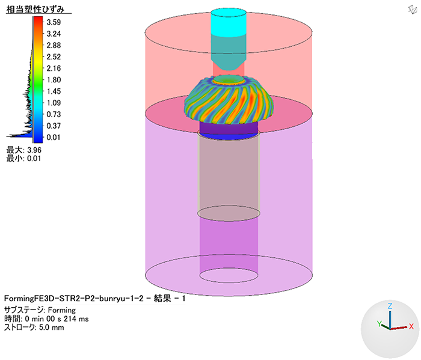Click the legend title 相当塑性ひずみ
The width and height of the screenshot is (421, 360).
(x=35, y=10)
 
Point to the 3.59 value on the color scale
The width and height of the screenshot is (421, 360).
(x=54, y=22)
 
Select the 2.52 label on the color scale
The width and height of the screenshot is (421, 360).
(x=54, y=57)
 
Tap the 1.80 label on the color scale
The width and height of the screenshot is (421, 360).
(x=54, y=80)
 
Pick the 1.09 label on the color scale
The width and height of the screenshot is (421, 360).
(x=54, y=103)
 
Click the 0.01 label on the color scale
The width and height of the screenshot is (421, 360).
(x=54, y=138)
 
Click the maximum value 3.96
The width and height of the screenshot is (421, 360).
(x=34, y=150)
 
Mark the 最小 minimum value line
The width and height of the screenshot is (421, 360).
(x=23, y=159)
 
